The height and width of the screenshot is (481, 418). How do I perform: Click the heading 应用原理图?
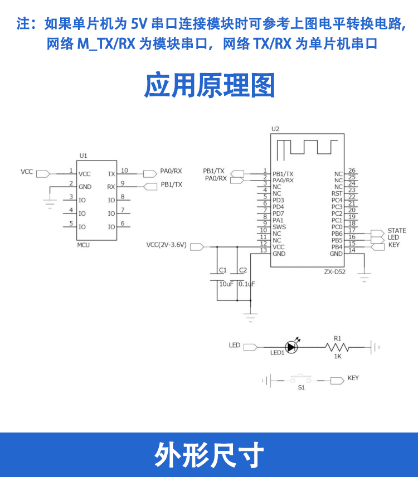point(210,86)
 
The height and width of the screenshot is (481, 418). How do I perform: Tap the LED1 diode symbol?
point(291,347)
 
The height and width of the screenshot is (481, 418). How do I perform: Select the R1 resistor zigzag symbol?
point(337,347)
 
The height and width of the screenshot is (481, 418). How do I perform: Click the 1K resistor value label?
point(337,356)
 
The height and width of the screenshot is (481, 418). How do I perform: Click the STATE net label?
point(397,231)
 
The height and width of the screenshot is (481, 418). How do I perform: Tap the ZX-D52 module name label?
point(335,272)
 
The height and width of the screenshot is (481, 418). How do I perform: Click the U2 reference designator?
point(275,129)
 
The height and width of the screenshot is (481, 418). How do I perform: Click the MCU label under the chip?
point(83,245)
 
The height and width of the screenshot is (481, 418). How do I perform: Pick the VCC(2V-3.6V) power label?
point(166,245)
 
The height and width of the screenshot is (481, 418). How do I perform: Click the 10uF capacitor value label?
point(226,284)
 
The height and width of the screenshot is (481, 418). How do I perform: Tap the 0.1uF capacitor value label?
point(246,284)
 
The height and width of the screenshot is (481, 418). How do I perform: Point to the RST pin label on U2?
point(337,193)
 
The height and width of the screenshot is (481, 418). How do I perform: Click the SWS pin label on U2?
point(279,227)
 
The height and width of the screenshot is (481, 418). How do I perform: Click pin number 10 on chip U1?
point(124,171)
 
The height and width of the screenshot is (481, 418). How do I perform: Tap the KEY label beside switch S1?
point(353,378)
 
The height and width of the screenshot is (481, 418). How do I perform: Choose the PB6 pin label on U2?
point(337,234)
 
